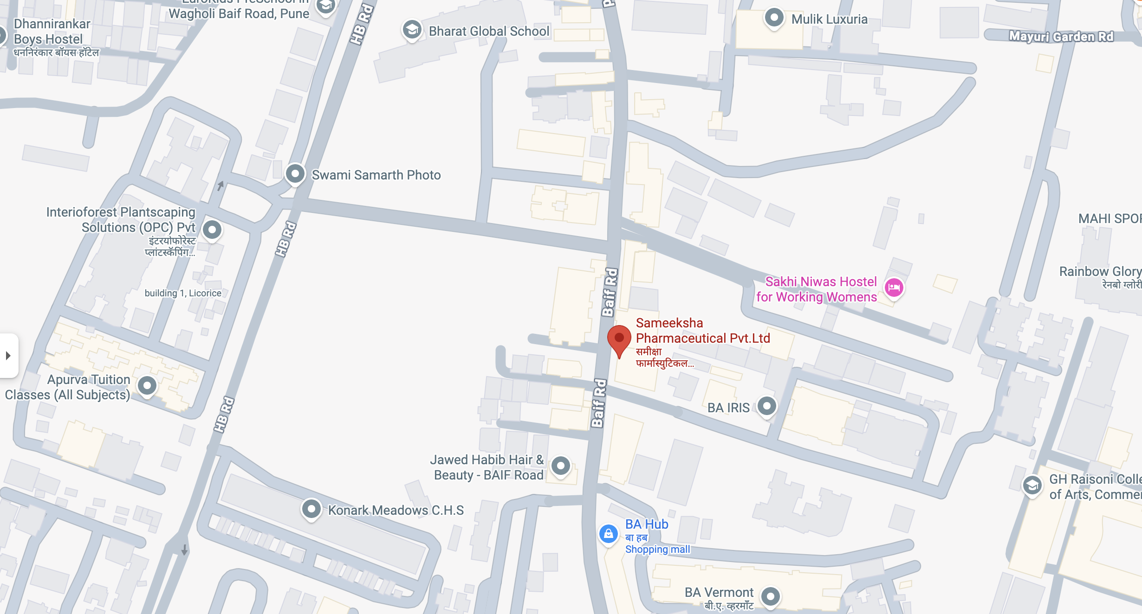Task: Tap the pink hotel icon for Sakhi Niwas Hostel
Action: tap(894, 288)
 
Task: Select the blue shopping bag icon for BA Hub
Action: tap(608, 534)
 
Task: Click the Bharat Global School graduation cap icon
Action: tap(412, 30)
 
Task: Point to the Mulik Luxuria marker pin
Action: tap(774, 18)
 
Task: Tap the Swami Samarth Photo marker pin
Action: tap(295, 174)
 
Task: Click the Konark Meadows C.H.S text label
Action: tap(396, 510)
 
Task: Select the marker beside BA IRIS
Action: tap(766, 406)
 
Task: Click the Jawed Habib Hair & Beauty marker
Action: tap(560, 465)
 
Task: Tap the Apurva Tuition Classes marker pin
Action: tap(147, 385)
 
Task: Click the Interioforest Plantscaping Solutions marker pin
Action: tap(212, 229)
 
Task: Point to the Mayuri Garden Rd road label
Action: tap(1061, 37)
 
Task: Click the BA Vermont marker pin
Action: tap(771, 596)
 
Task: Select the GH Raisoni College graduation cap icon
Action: tap(1032, 486)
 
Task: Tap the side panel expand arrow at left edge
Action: tap(8, 356)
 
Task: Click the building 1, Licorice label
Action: tap(183, 293)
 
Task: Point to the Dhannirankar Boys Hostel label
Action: tap(52, 32)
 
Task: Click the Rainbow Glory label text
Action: tap(1100, 272)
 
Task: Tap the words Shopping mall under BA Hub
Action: tap(657, 550)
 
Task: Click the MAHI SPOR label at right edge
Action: tap(1110, 218)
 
